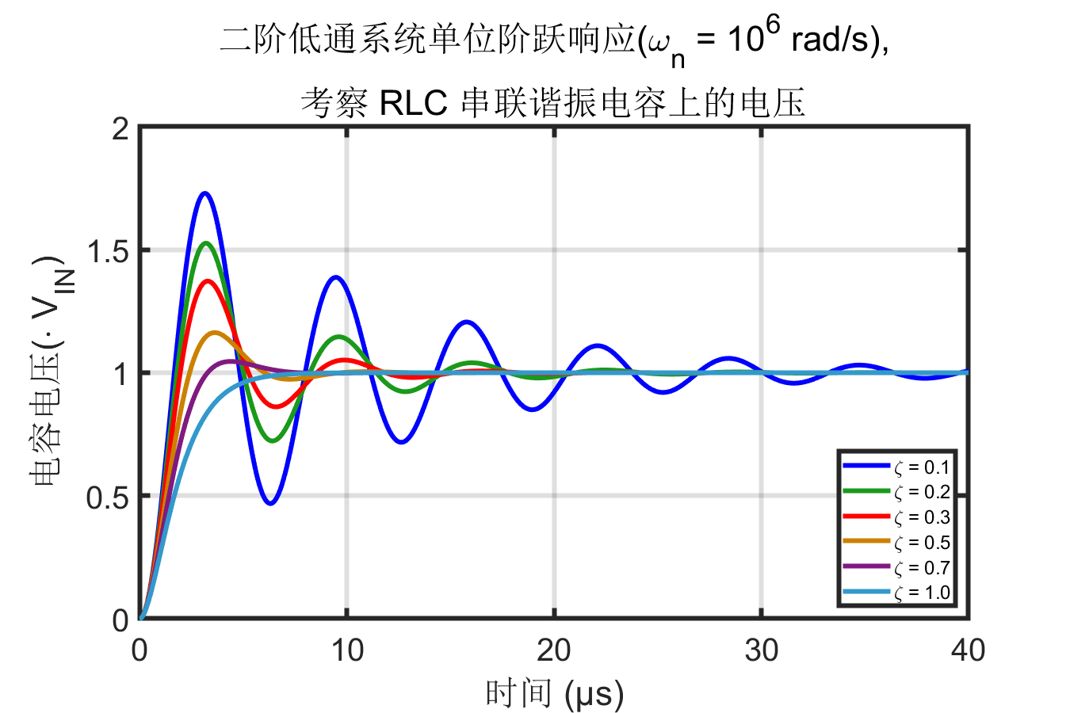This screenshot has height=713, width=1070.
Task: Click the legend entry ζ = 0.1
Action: [922, 467]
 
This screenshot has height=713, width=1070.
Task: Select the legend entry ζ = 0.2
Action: [922, 492]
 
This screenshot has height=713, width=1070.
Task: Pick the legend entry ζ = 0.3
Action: [922, 517]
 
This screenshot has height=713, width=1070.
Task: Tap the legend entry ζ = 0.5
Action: [922, 543]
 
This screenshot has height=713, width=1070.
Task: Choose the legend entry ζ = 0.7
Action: [922, 568]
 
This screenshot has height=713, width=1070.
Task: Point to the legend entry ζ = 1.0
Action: [922, 593]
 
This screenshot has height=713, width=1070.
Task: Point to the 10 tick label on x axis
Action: [347, 650]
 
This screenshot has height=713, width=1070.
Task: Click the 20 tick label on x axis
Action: [554, 650]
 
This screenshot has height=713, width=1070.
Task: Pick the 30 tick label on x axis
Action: [762, 650]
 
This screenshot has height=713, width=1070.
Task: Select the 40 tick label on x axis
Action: [968, 650]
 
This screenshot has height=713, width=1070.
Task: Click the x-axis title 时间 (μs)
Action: [554, 694]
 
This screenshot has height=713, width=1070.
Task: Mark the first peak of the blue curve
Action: [205, 193]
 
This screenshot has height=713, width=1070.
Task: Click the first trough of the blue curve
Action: [271, 503]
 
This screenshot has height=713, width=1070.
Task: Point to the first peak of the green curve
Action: [206, 243]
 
